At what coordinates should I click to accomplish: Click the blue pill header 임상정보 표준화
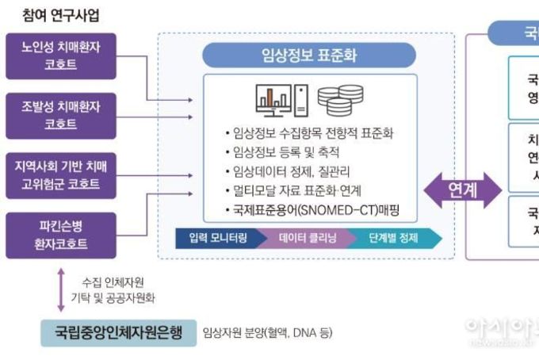coord(309,55)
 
